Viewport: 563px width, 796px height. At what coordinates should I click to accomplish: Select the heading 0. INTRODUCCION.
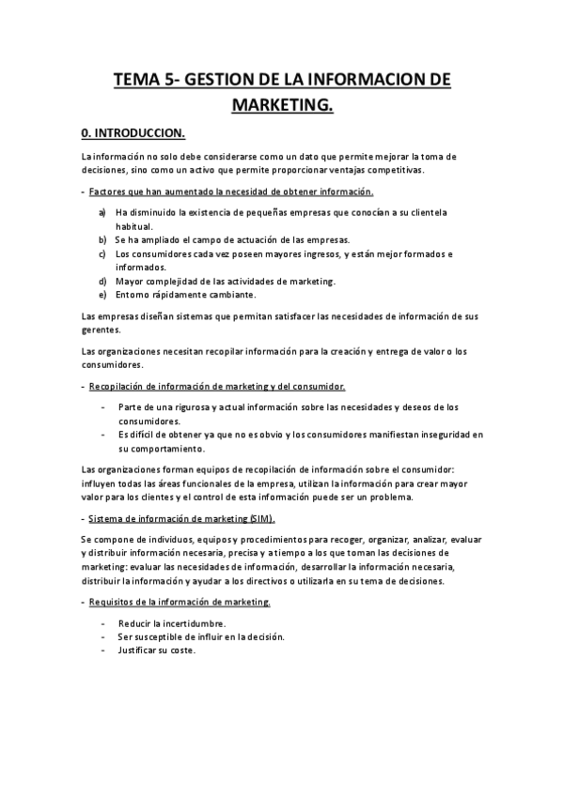[x=133, y=132]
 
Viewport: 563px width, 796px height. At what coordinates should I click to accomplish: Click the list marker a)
[x=102, y=212]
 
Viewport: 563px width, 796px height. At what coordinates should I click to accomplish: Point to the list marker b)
[x=102, y=239]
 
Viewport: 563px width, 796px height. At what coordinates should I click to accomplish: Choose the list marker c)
[x=102, y=253]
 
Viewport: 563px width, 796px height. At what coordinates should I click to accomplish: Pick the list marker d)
[x=102, y=281]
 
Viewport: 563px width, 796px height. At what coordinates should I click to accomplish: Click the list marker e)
[x=102, y=295]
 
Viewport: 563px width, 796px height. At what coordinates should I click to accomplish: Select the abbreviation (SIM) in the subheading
[x=261, y=519]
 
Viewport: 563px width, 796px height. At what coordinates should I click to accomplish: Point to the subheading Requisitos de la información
[x=180, y=602]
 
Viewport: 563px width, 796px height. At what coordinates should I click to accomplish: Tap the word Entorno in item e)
[x=133, y=295]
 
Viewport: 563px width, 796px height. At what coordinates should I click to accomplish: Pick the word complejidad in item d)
[x=170, y=281]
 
